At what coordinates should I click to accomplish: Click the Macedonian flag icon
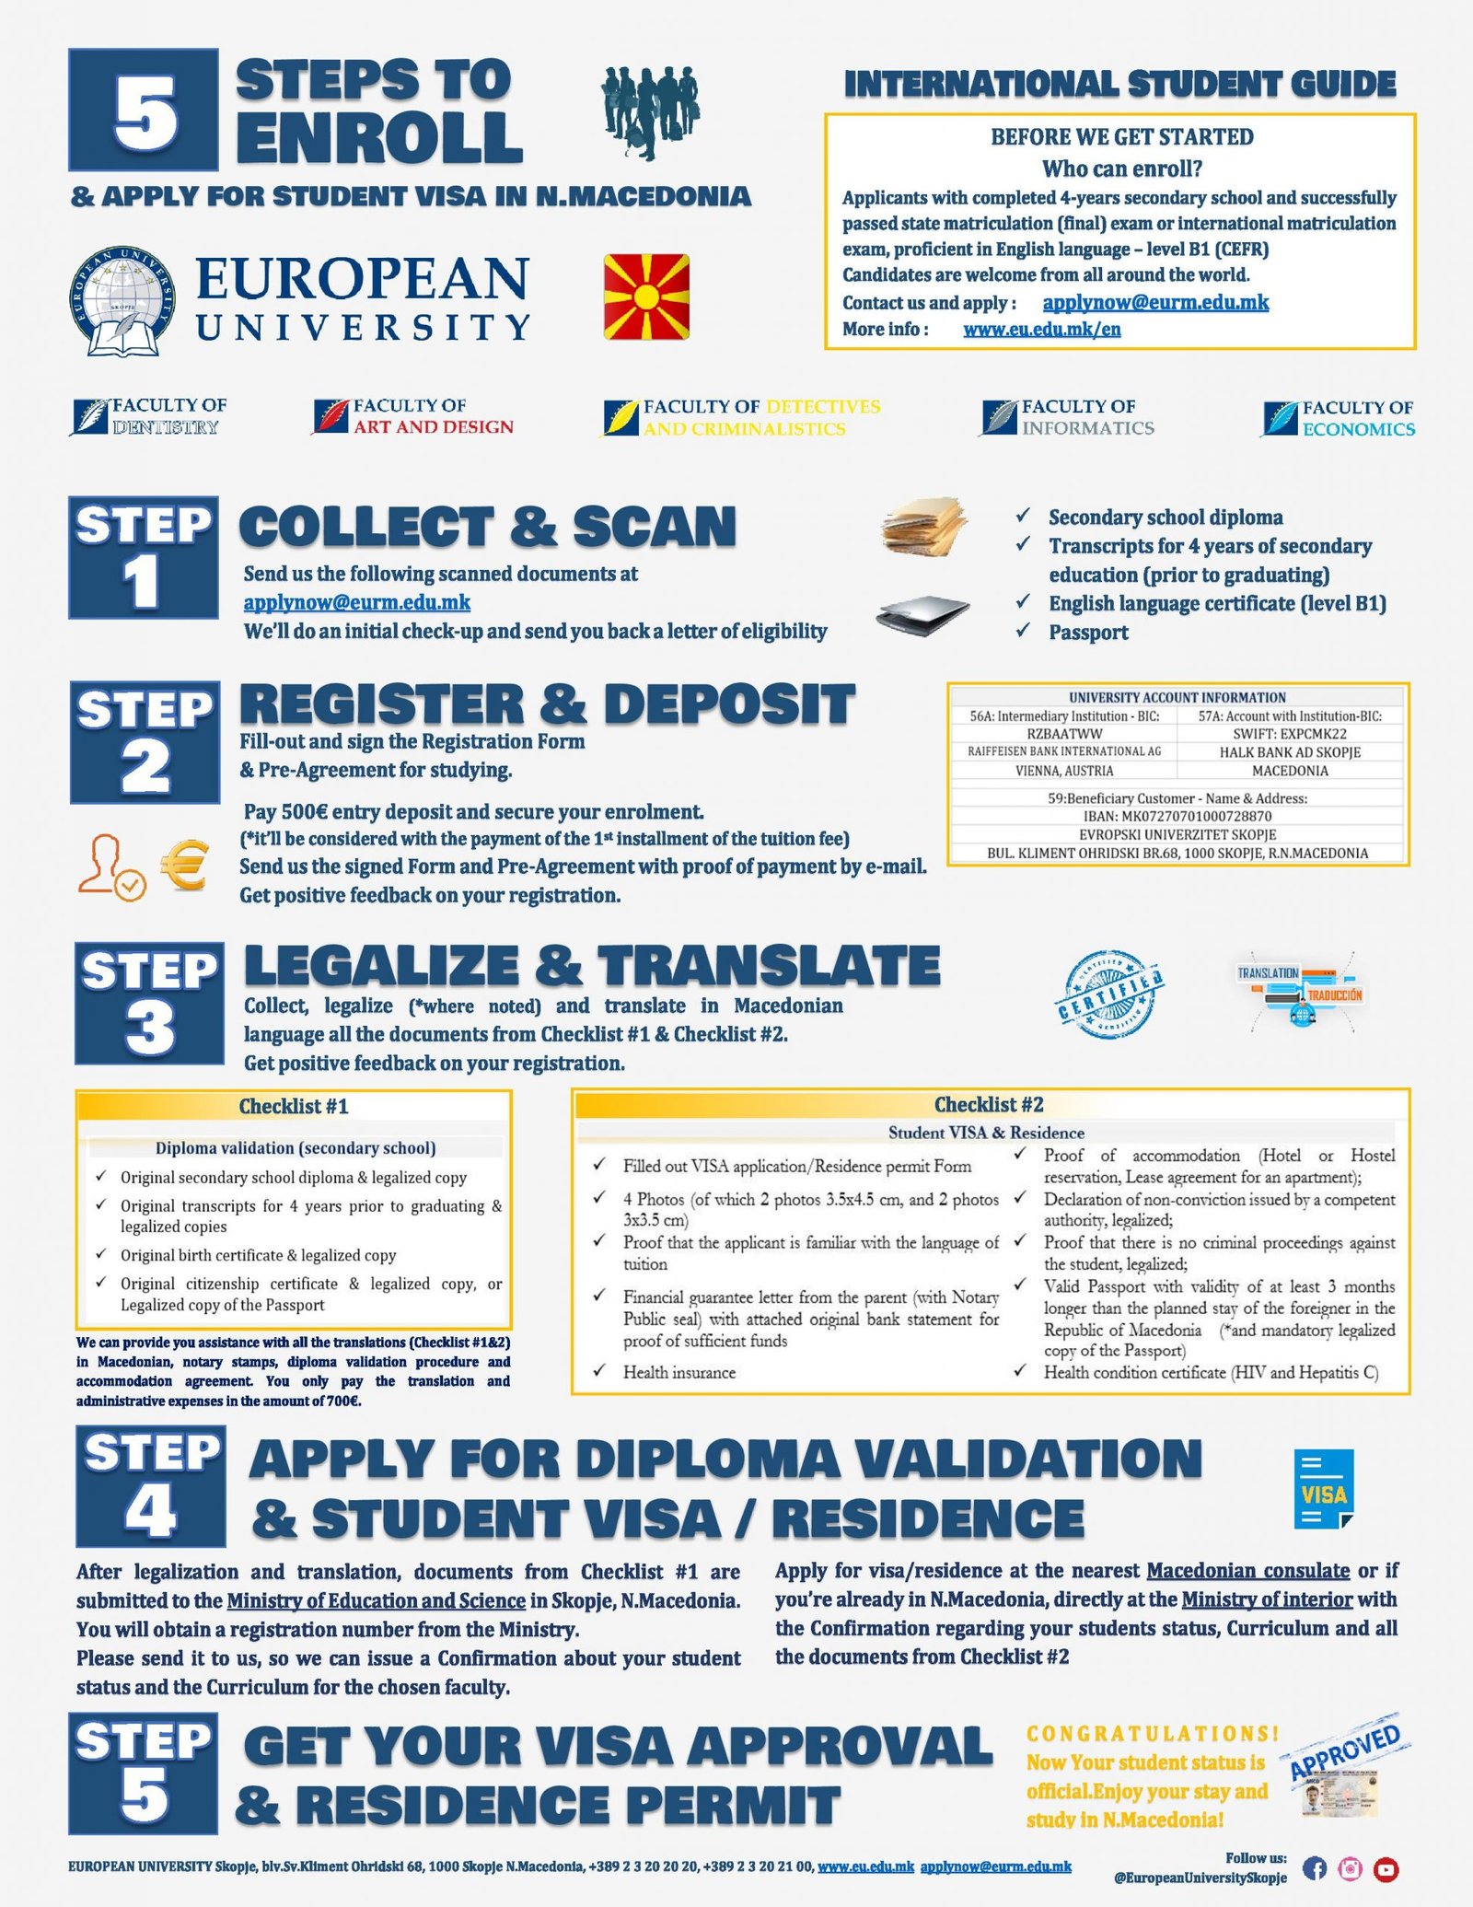tap(646, 297)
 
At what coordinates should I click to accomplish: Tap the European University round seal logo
tap(122, 301)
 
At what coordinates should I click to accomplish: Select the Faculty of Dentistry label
tap(149, 416)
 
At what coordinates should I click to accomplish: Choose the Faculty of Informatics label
tap(1067, 417)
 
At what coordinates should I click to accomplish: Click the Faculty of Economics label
tap(1339, 418)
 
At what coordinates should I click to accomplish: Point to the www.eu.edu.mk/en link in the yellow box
tap(1041, 330)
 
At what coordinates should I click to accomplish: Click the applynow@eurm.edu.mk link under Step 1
tap(356, 602)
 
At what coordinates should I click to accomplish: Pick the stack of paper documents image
tap(923, 528)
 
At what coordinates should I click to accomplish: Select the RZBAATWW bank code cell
tap(1064, 734)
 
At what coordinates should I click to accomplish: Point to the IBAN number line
tap(1177, 816)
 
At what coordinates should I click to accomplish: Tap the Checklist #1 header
tap(294, 1106)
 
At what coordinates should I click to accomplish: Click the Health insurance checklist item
tap(679, 1372)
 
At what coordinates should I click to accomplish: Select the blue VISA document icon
tap(1324, 1489)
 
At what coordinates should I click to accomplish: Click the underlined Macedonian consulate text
tap(1247, 1570)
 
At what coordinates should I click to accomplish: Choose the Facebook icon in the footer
tap(1315, 1868)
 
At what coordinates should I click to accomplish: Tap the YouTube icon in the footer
tap(1386, 1868)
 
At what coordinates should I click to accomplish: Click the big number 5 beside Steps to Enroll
tap(145, 110)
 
